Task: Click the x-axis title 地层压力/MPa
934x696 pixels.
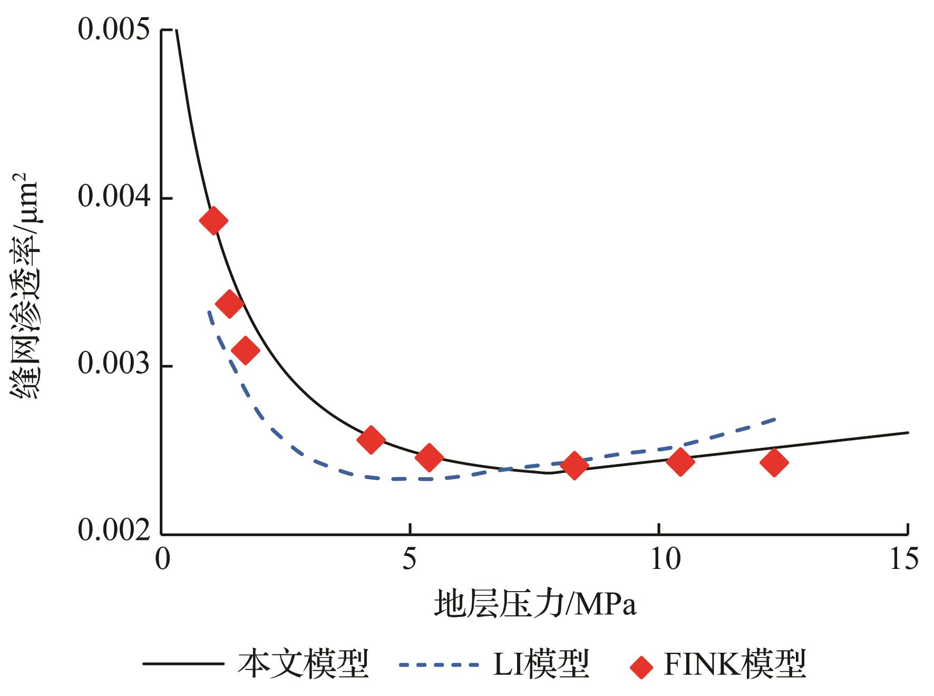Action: (x=535, y=605)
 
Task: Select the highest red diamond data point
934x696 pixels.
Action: (x=213, y=220)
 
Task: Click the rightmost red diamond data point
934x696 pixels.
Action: (x=774, y=462)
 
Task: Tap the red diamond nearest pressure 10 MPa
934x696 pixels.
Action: (x=680, y=462)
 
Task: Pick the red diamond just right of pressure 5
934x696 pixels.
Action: (x=429, y=457)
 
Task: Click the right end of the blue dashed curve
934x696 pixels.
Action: (x=775, y=419)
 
